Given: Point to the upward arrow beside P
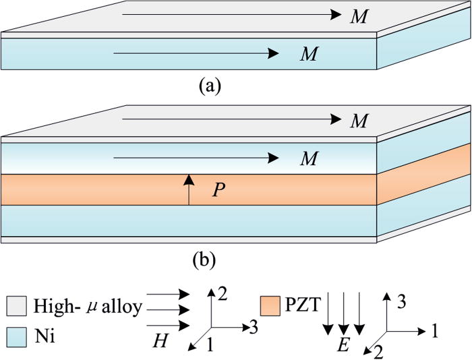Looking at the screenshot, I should coord(189,189).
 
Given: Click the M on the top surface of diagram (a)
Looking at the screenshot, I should coord(359,16).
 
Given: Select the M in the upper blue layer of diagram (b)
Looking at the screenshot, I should coord(309,158).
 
